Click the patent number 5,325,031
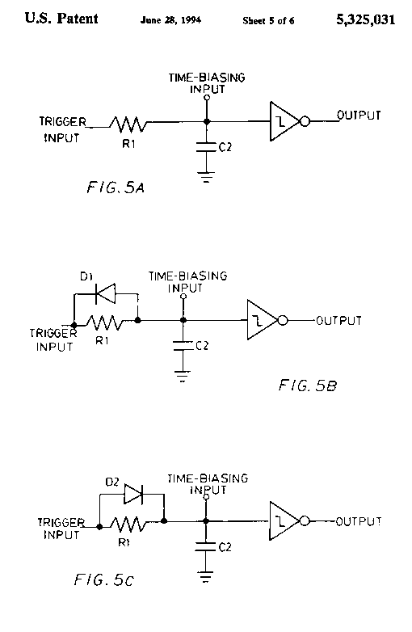click(366, 19)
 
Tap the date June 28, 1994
click(170, 20)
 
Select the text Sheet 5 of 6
click(268, 20)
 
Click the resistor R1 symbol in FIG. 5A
click(128, 124)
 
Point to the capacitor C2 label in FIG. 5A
click(225, 147)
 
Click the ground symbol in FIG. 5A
click(206, 177)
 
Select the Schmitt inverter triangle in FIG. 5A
click(284, 121)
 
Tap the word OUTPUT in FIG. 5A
click(359, 116)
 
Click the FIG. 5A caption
click(116, 187)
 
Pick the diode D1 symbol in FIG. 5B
click(105, 293)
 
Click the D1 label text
click(86, 276)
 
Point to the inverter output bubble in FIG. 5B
click(283, 321)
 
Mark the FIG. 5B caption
click(308, 386)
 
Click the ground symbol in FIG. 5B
click(183, 376)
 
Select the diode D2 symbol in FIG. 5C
click(133, 494)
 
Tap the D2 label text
click(112, 482)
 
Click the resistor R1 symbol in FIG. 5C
click(128, 525)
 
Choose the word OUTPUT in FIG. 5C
click(359, 521)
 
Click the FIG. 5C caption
click(103, 580)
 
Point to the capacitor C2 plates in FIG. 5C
click(205, 546)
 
